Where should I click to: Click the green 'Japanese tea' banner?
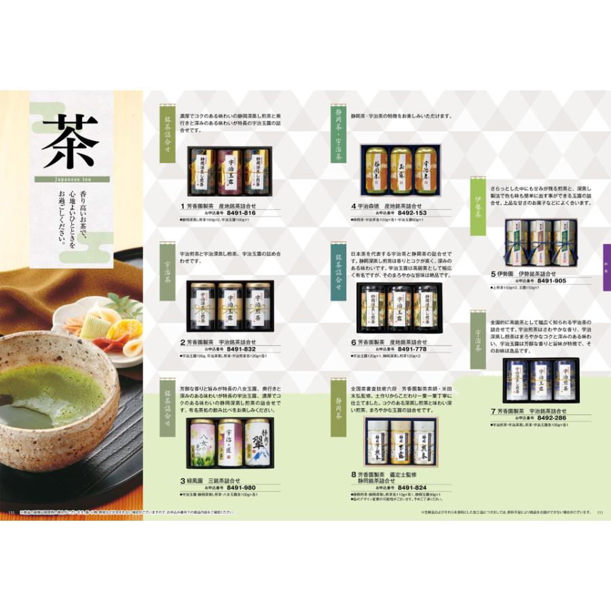pyautogui.click(x=71, y=180)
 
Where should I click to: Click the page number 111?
pyautogui.click(x=599, y=513)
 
